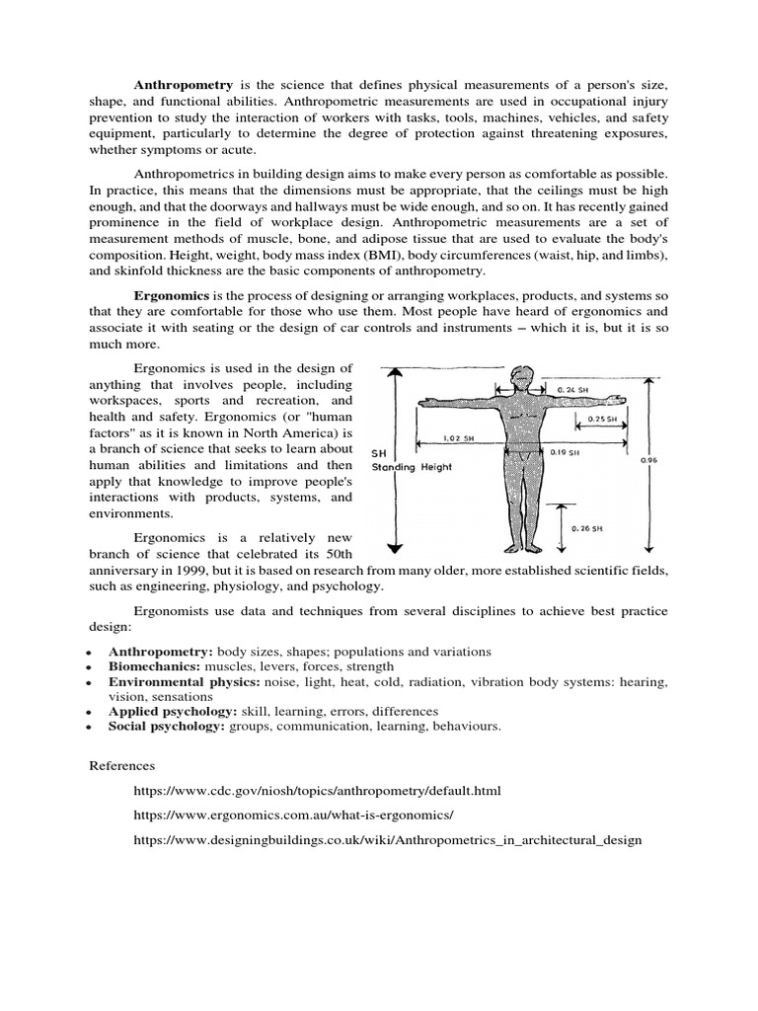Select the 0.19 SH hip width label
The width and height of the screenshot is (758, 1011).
[566, 455]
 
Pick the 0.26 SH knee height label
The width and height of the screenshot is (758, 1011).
[587, 527]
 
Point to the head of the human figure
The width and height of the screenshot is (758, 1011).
[520, 376]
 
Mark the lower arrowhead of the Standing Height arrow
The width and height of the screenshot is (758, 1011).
[395, 548]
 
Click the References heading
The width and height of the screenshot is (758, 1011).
[122, 765]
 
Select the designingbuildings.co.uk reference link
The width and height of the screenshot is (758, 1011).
[388, 840]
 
